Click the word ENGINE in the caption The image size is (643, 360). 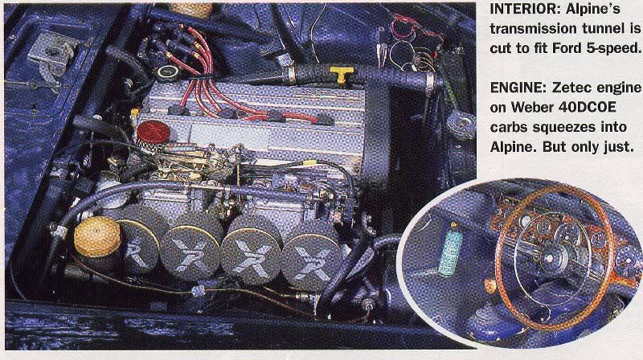point(518,88)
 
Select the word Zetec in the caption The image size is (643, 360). point(573,88)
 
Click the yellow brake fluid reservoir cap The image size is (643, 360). point(97,236)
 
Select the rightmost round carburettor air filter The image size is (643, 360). point(312,261)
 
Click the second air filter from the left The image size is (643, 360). point(191,252)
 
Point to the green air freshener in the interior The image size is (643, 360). point(450,252)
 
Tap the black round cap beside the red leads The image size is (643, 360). point(168,73)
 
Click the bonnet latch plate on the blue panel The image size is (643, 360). point(52,54)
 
